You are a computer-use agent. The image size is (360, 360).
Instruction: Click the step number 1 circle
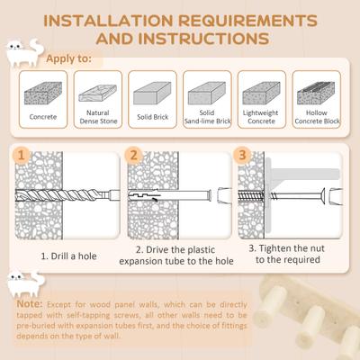pos(25,156)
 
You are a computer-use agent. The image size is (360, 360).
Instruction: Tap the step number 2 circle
pos(133,156)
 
